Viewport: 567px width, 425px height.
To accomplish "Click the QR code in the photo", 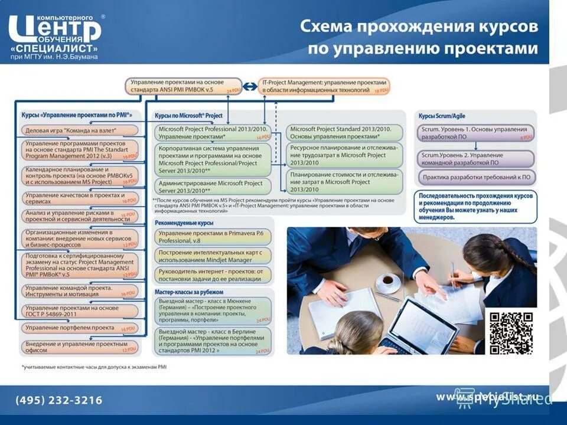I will pos(511,332).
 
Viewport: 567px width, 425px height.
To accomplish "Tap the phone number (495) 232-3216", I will pos(58,400).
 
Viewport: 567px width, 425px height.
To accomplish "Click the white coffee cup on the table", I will pos(388,282).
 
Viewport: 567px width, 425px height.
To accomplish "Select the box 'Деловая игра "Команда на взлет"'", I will pos(80,130).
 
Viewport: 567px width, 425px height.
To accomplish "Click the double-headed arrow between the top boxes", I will pos(250,86).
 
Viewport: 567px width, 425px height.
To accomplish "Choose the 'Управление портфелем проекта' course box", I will pos(80,328).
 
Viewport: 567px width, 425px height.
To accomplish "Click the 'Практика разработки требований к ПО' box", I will pos(476,176).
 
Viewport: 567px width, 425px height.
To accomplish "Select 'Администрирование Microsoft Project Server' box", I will pos(213,187).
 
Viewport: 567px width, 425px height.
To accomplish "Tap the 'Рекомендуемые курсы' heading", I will pos(184,223).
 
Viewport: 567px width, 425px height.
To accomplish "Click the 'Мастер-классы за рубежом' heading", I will pos(189,292).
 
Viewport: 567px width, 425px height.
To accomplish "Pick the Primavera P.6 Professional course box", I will pos(213,237).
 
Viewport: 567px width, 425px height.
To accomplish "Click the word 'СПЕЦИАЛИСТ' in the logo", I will pos(54,47).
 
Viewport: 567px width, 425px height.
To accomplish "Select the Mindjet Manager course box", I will pos(213,256).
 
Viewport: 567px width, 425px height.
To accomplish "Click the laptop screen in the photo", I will pos(417,325).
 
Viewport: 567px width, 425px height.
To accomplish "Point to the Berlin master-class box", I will pos(213,341).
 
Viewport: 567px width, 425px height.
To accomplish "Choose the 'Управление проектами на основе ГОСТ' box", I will pos(80,311).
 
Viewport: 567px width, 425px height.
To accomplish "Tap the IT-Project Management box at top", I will pos(324,86).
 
